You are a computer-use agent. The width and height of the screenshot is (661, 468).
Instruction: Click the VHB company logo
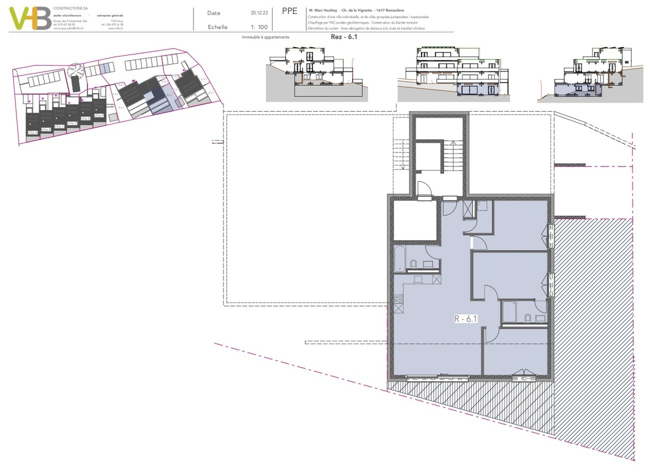pos(30,19)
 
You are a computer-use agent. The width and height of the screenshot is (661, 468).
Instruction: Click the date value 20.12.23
pos(259,13)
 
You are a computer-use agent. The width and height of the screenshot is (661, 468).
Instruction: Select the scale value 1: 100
pos(259,27)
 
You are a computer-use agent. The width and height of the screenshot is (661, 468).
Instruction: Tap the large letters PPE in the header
pos(290,11)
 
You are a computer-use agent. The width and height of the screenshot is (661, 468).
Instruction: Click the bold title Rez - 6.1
pos(344,37)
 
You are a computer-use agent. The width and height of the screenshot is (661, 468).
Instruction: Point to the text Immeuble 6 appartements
pos(265,38)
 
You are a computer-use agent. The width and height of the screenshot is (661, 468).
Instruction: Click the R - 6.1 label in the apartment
pos(466,319)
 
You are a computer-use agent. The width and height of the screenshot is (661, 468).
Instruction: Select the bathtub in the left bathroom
pos(400,259)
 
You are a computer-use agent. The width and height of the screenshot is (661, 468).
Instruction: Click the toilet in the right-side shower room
pos(528,318)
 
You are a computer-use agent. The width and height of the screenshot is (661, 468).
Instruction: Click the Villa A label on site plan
pos(33,133)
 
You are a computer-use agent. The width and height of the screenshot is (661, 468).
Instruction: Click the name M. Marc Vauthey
pos(323,10)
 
